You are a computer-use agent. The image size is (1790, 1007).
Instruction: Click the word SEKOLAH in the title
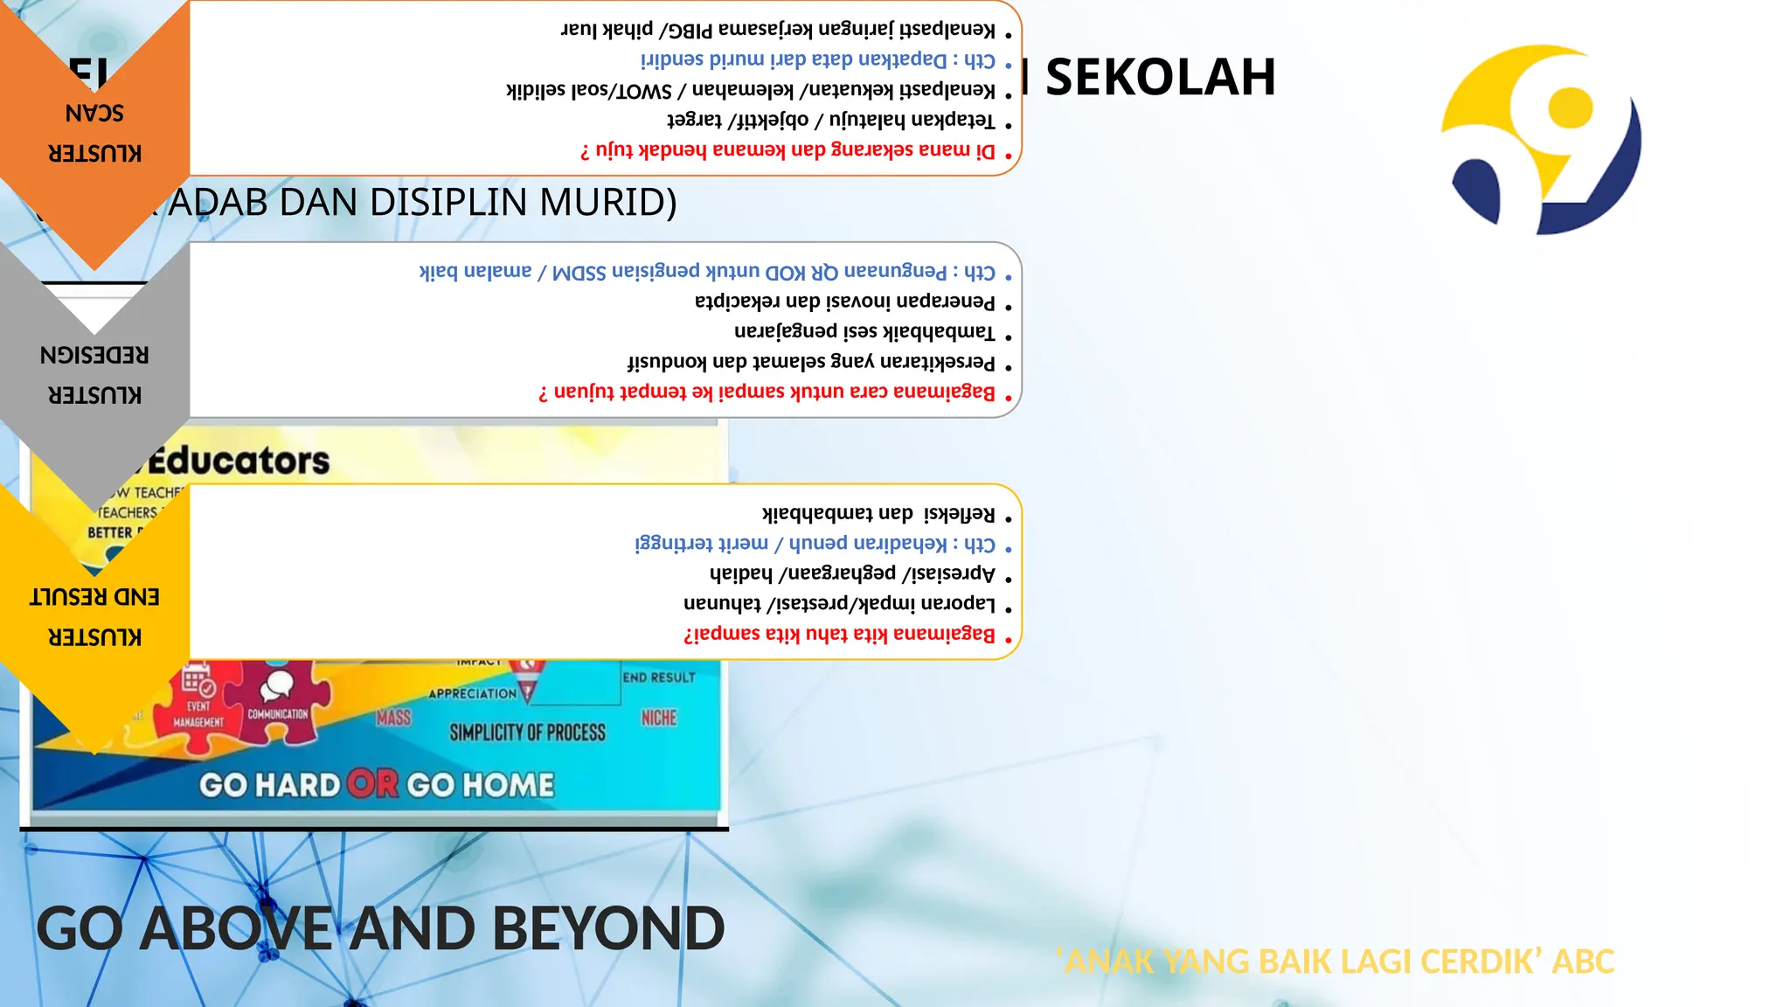[1160, 77]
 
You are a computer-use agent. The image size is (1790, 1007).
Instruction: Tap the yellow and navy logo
[1542, 140]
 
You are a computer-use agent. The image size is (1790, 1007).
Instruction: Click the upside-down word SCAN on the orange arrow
[94, 114]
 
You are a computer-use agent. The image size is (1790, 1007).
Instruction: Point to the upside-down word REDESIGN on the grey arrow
[94, 355]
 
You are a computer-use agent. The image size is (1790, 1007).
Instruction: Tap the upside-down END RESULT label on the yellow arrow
[94, 597]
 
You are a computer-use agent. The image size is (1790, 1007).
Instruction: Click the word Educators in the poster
[239, 461]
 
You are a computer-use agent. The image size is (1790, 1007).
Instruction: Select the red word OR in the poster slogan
[372, 784]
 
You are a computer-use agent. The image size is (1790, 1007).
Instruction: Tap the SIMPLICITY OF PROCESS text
[527, 733]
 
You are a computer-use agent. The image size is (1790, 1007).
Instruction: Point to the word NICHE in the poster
[659, 718]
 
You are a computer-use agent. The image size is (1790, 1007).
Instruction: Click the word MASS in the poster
[393, 718]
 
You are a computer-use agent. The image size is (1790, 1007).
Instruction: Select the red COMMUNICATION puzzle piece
[278, 704]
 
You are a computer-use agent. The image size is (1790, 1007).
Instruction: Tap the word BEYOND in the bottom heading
[608, 928]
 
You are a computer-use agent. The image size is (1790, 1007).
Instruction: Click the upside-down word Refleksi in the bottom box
[959, 513]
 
